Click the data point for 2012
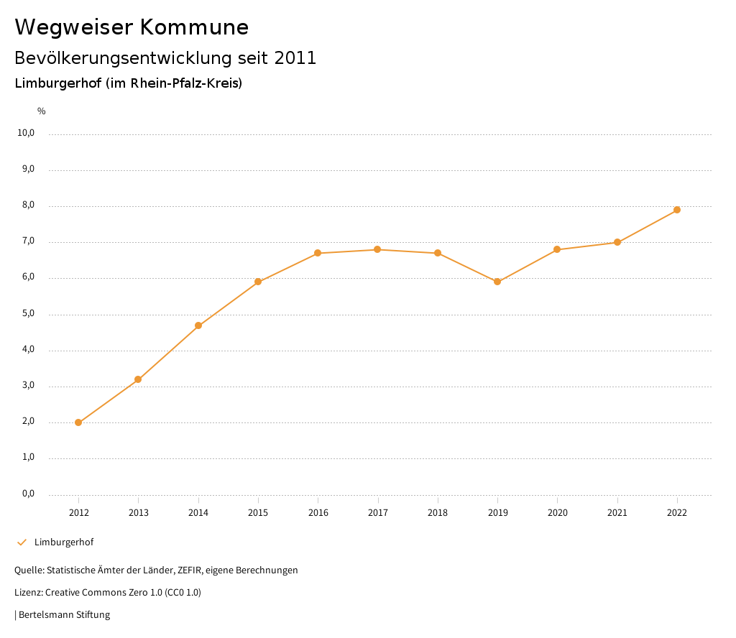[78, 422]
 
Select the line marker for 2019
[497, 282]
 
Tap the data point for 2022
[677, 210]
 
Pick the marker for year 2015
[258, 282]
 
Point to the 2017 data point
[377, 249]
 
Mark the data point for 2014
[198, 325]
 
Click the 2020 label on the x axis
[557, 512]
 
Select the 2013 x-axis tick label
[139, 512]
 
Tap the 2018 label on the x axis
[438, 512]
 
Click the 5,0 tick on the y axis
[29, 314]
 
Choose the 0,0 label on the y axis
[29, 494]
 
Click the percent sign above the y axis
[42, 111]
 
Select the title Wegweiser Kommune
[132, 27]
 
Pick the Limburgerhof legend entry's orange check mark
[22, 542]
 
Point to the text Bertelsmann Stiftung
[64, 615]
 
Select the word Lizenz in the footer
[28, 593]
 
